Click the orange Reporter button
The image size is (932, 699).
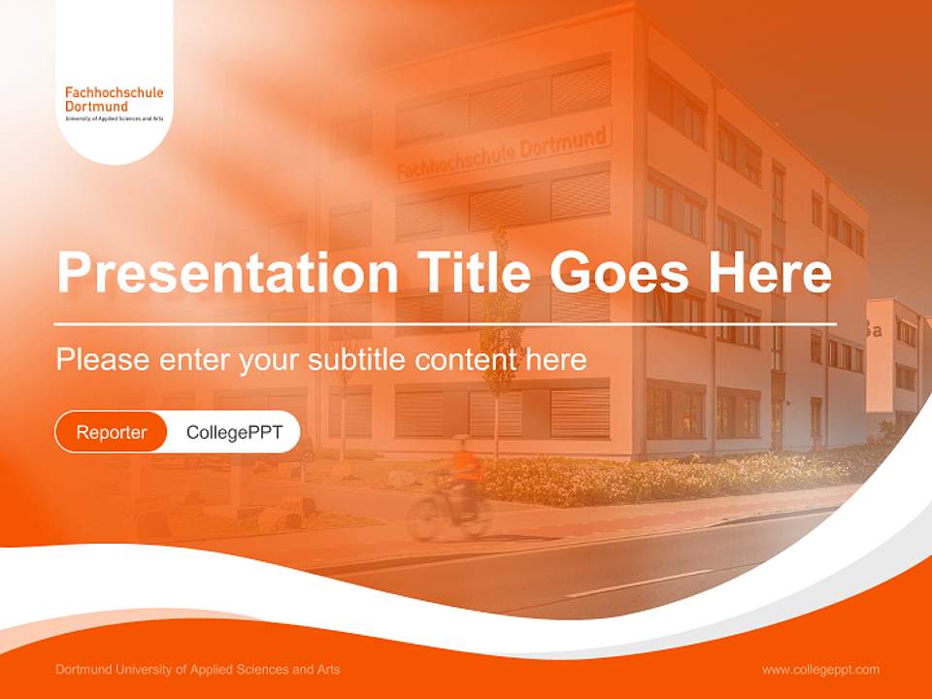click(x=112, y=432)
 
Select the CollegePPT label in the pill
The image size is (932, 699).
click(x=234, y=432)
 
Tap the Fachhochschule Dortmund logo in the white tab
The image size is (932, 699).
click(x=115, y=99)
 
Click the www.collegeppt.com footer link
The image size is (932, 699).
click(x=820, y=670)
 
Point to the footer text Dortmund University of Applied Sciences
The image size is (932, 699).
click(x=198, y=670)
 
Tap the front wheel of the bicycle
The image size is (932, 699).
click(x=424, y=518)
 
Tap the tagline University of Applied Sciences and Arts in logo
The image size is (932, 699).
click(x=115, y=117)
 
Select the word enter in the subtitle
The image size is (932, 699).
click(x=191, y=360)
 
